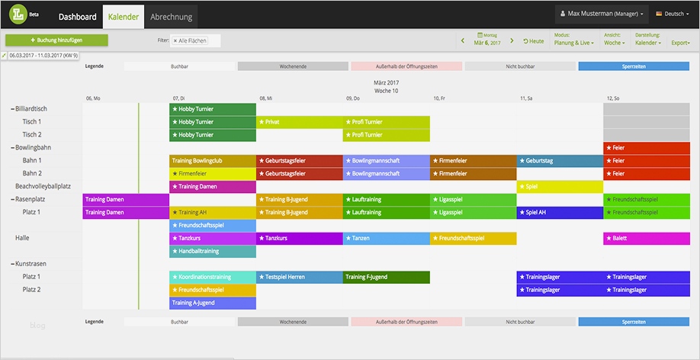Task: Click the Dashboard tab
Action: pos(77,16)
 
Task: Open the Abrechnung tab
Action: pos(171,16)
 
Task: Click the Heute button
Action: pos(534,41)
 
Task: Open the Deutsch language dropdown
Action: pos(671,14)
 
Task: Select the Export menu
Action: pos(681,43)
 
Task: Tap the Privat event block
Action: pos(299,122)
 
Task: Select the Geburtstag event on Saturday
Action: pos(560,161)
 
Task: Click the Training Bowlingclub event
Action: pos(212,161)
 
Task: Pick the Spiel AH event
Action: pos(560,212)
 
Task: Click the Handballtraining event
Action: pos(212,251)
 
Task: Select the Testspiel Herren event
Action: pos(299,277)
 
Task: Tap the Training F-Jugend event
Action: pos(386,277)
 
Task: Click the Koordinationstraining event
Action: pos(212,277)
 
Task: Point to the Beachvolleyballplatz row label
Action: pos(43,186)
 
